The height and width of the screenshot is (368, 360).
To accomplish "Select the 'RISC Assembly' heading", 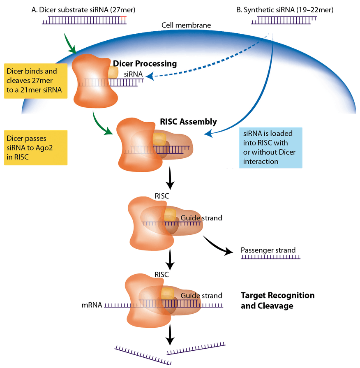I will [x=188, y=122].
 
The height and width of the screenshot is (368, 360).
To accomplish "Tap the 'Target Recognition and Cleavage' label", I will [x=277, y=301].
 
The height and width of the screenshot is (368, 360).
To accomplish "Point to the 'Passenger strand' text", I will [x=268, y=250].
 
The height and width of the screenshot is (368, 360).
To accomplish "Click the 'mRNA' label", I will [x=92, y=306].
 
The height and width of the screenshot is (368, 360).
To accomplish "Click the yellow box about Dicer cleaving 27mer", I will [x=36, y=80].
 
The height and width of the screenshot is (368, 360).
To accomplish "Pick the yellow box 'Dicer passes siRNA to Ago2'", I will [x=36, y=148].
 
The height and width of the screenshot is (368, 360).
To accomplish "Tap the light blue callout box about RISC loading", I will [x=270, y=147].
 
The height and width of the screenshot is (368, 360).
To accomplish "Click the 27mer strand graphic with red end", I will [x=84, y=21].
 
